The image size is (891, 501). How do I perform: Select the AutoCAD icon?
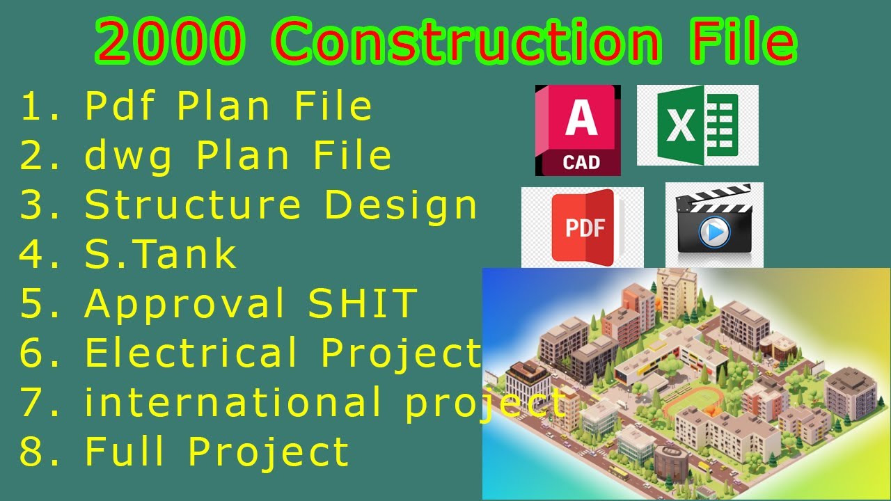coord(578,130)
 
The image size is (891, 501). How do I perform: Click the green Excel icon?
coord(697,125)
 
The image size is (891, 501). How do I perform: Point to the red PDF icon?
coord(584,227)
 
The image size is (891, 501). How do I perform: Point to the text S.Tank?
coord(160,254)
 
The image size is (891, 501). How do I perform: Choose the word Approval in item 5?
coord(185,304)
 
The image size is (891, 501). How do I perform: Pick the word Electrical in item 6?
coord(191,353)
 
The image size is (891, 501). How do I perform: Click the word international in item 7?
coord(233,403)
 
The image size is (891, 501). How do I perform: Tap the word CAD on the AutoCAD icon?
coord(581,163)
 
